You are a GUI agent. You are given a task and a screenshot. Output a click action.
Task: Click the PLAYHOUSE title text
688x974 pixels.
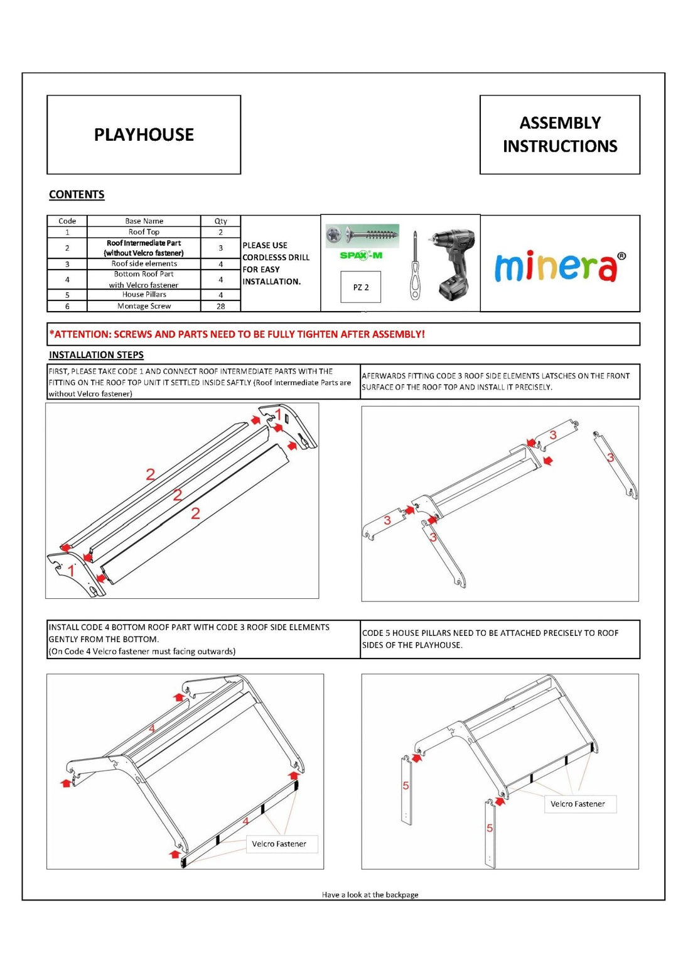144,134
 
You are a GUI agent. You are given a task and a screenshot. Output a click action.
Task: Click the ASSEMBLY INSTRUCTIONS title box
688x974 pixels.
559,134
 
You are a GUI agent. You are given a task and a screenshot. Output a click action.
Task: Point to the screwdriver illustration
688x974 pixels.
414,266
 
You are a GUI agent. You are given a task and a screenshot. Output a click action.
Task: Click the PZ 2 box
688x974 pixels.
361,287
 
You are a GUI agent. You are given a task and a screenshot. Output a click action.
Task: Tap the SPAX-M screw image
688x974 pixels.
362,242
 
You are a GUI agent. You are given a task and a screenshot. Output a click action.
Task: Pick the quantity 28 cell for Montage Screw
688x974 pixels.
220,306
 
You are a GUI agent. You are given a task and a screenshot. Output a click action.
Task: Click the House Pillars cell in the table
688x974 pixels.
144,294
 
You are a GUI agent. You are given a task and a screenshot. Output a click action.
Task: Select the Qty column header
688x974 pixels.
220,221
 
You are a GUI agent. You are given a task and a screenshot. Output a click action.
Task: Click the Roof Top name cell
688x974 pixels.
144,232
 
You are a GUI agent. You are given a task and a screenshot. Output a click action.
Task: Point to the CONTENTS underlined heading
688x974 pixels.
77,195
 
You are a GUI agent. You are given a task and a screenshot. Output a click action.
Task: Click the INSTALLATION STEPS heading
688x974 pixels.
96,355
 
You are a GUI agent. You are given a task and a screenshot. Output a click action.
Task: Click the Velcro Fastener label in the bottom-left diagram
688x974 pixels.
279,844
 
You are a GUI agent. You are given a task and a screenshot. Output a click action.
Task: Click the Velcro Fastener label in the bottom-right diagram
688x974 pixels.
578,804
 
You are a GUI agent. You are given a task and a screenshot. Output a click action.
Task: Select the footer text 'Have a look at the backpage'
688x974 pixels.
370,895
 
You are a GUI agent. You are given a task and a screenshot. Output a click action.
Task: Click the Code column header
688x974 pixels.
67,221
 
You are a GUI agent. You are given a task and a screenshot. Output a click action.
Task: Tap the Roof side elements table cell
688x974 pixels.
144,264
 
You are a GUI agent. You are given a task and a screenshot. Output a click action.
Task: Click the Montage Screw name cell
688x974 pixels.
144,306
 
